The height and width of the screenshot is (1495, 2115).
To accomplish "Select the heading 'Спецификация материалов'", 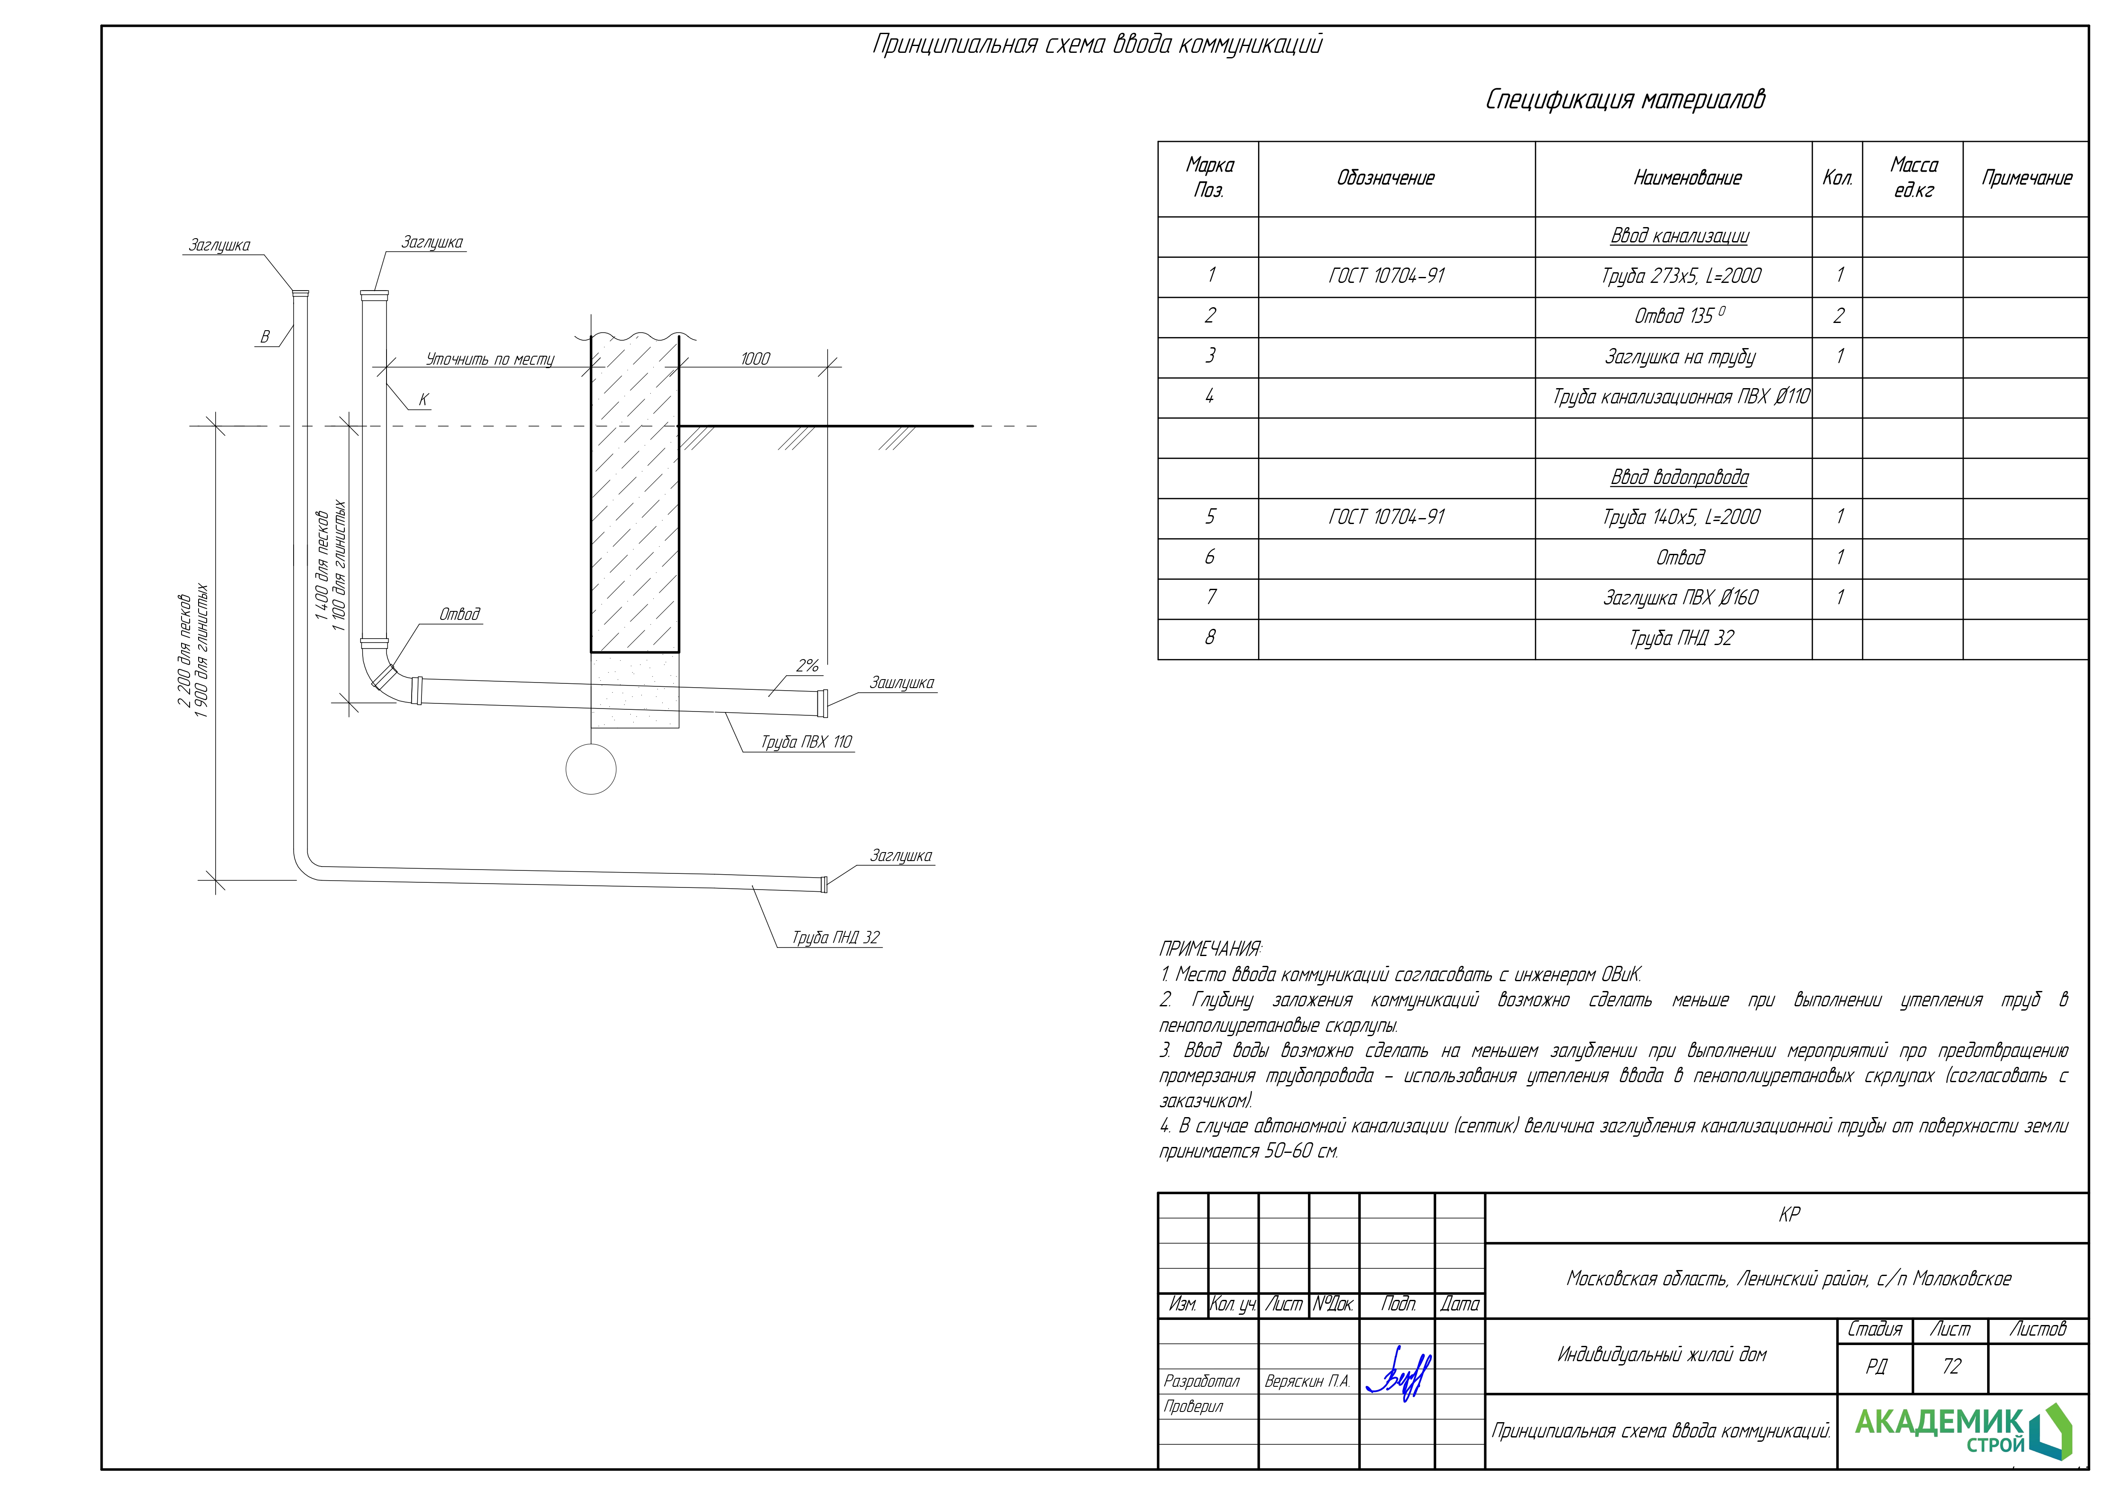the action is pos(1626,100).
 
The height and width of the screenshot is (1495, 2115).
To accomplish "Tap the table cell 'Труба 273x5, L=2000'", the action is pos(1681,275).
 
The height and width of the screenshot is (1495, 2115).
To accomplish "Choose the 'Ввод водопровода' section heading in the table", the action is pos(1679,477).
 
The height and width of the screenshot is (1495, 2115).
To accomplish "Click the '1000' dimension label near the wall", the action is pos(755,358).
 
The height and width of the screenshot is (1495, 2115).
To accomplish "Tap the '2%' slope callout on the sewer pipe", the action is pos(808,665).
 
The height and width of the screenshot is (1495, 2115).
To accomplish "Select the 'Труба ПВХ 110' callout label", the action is pos(806,741).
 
